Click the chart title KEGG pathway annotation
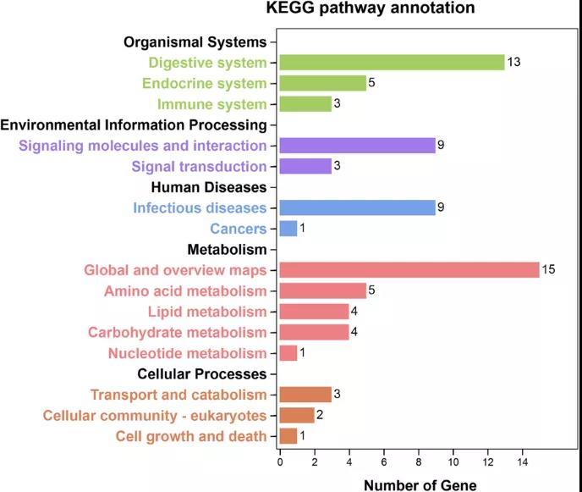pos(370,8)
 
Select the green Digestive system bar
pos(392,63)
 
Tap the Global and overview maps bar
pos(409,270)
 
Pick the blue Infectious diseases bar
pos(357,207)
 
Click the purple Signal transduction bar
pos(305,166)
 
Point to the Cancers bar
pos(288,229)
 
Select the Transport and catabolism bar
pos(305,395)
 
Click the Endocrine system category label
pos(204,84)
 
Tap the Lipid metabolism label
pos(206,312)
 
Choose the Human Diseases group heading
pos(209,187)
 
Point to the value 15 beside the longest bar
pos(548,270)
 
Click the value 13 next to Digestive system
pos(513,63)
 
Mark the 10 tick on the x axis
pos(453,462)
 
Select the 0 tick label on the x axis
pos(280,462)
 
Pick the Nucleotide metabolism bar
pos(288,353)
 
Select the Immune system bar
pos(305,104)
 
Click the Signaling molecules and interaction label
pos(142,146)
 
